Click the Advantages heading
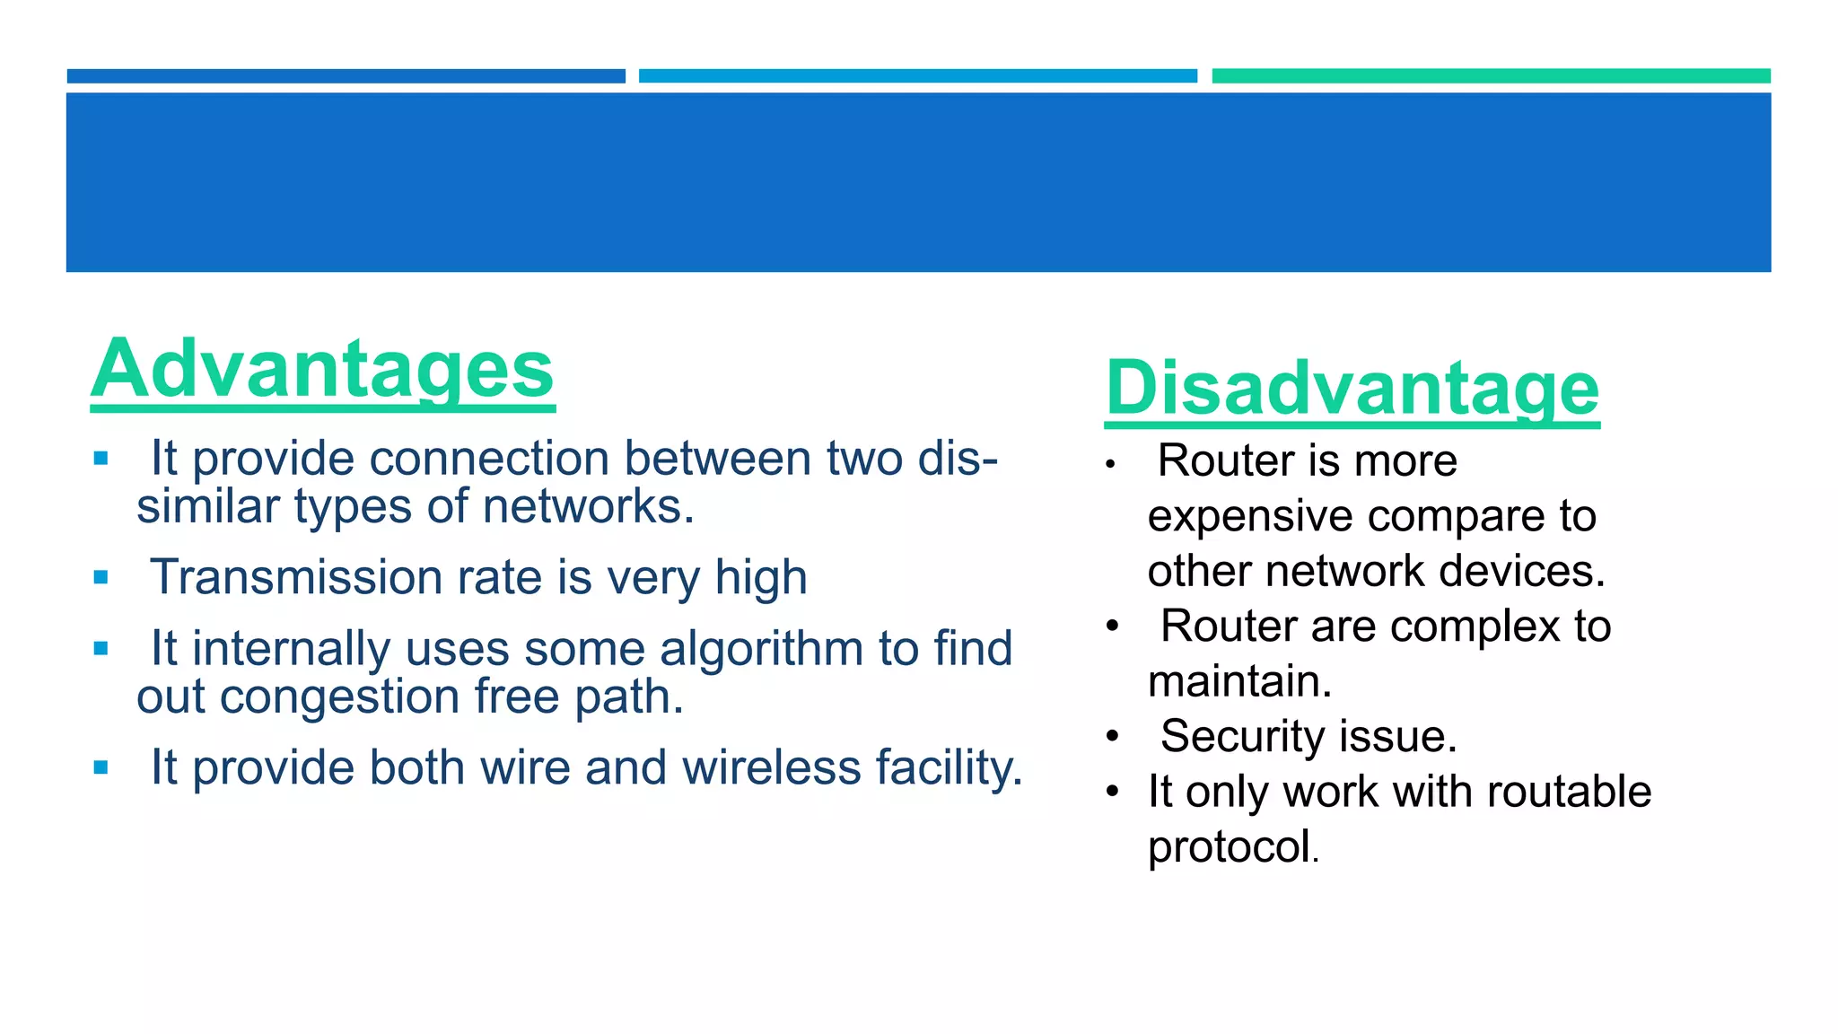click(322, 370)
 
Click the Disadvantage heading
click(1352, 388)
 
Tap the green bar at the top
click(1491, 76)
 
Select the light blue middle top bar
click(917, 76)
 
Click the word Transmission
click(295, 577)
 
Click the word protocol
click(1230, 847)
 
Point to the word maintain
click(1238, 682)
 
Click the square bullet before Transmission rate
click(101, 577)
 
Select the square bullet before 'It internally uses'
click(101, 648)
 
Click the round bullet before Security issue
click(1113, 737)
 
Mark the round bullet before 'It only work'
click(1113, 793)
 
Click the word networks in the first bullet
click(587, 507)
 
